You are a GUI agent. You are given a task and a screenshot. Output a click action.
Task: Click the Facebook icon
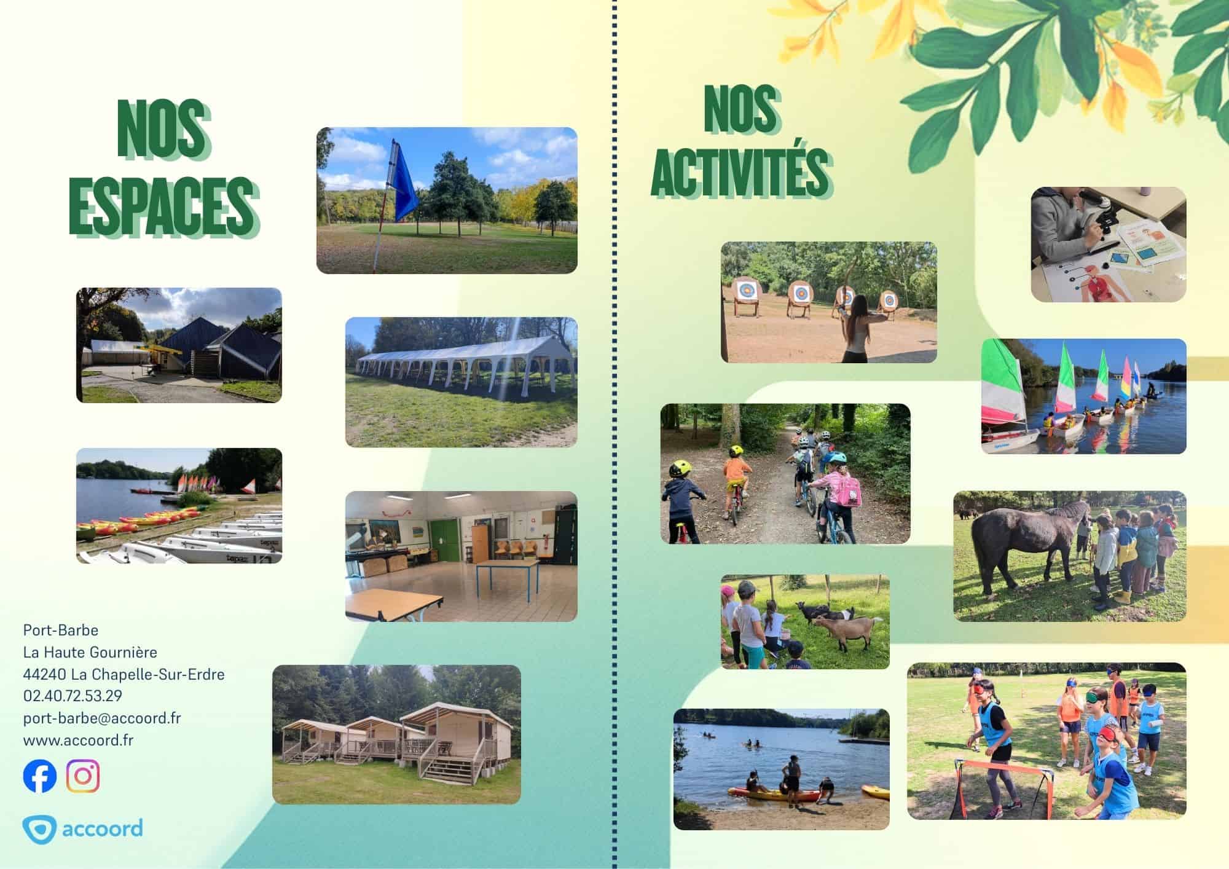pos(40,776)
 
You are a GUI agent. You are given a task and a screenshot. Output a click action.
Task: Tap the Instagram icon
pos(83,776)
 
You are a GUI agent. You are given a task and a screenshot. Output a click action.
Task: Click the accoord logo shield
pos(39,830)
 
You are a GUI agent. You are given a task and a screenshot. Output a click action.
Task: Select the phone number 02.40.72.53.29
pos(73,696)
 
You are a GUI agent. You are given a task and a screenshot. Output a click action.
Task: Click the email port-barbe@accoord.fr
pos(102,718)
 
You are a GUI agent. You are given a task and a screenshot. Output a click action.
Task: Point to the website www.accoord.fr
pos(78,740)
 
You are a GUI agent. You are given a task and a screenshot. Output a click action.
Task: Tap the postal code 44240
pos(45,674)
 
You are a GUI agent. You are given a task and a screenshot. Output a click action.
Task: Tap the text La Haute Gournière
pos(90,652)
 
